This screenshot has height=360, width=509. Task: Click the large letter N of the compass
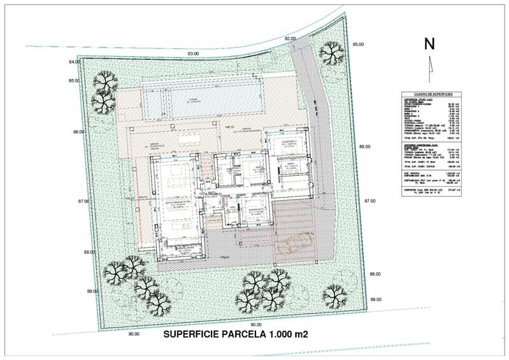point(430,44)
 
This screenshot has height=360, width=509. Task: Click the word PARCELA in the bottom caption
point(254,334)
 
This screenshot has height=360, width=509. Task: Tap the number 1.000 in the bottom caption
point(289,334)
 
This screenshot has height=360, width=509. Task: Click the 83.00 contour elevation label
point(194,54)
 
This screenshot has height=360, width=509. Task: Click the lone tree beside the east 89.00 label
point(335,294)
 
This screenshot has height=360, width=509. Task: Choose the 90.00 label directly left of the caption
point(133,333)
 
